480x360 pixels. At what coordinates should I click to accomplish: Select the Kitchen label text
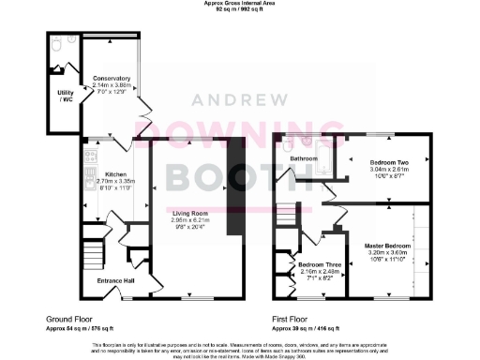[115, 174]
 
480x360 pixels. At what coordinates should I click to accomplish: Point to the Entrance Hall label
[116, 279]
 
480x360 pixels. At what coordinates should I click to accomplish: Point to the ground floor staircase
[90, 253]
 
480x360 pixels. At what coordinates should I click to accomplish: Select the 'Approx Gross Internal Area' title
[240, 4]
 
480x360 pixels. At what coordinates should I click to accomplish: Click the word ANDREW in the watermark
[240, 100]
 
